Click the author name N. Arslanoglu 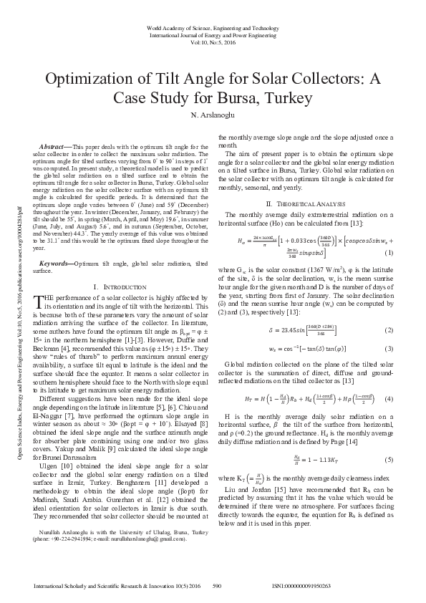(213, 115)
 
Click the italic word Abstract (54, 146)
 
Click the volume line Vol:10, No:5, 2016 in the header (213, 42)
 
